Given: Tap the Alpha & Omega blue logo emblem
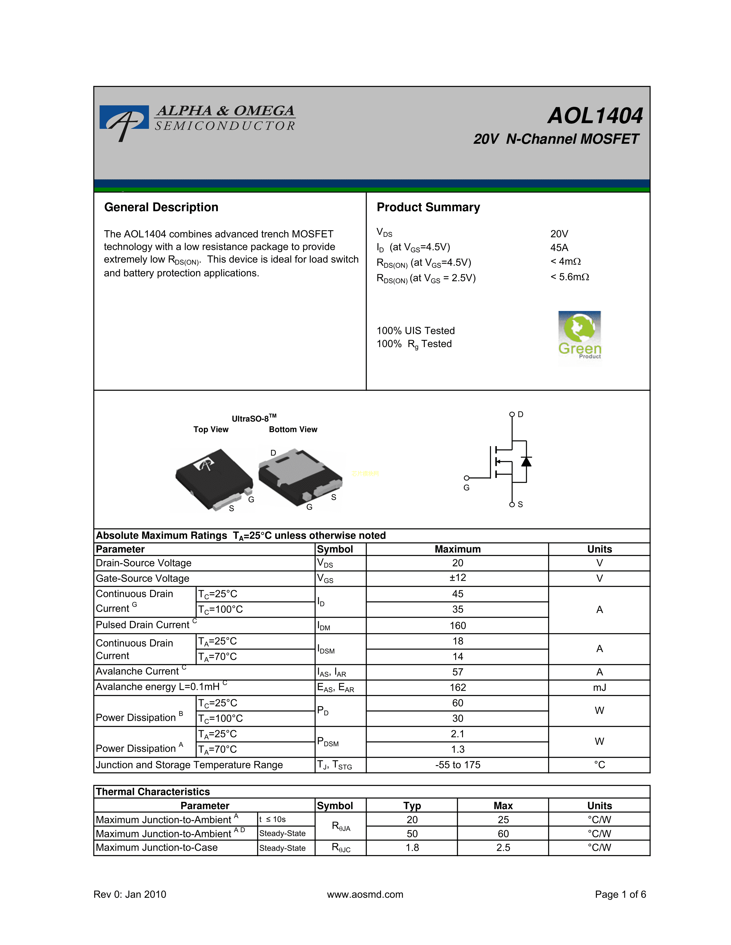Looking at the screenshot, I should click(x=124, y=120).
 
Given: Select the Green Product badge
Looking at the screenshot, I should click(x=579, y=335).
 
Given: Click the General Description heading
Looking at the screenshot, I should click(x=161, y=207).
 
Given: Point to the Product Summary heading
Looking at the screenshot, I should click(x=428, y=207).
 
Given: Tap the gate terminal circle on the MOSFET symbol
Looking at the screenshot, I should click(x=466, y=478).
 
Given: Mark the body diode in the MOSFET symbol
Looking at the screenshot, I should click(x=526, y=461).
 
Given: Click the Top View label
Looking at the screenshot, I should click(x=211, y=429).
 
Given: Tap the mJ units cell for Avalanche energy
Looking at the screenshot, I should click(x=599, y=688).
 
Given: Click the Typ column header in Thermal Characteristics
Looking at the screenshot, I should click(x=412, y=806).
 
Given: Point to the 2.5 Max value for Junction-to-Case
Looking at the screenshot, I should click(x=503, y=847).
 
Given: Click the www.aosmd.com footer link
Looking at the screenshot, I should click(x=365, y=894).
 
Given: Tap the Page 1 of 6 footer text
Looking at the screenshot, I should click(x=620, y=894).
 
